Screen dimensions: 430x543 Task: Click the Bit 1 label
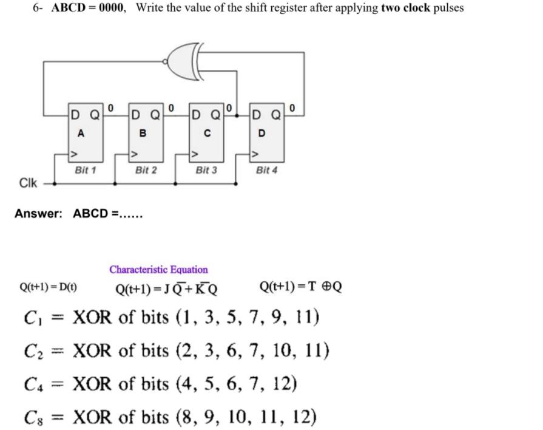[85, 170]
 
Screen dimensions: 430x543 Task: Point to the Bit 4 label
[267, 170]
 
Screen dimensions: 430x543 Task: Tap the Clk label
[28, 183]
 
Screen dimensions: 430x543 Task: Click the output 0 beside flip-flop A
[110, 108]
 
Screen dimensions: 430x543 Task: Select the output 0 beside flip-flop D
[293, 108]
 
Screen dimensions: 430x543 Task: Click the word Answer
[38, 214]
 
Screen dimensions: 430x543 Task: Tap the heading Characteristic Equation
[158, 270]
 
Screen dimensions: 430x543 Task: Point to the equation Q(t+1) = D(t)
[49, 287]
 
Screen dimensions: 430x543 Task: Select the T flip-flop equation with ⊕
[300, 286]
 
